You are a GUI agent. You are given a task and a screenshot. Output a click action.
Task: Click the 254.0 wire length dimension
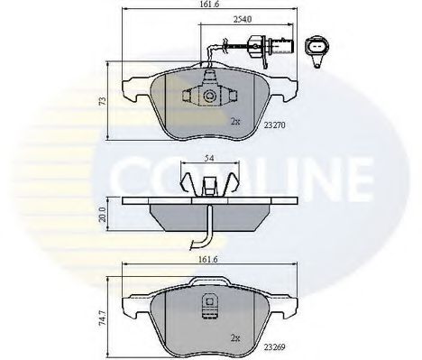click(243, 19)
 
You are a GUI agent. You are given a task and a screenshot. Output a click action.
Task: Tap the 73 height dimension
click(103, 101)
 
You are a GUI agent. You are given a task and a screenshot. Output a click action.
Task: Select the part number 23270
click(274, 125)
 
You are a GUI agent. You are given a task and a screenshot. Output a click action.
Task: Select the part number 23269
click(274, 347)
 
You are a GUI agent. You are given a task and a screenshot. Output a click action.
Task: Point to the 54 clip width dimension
click(209, 158)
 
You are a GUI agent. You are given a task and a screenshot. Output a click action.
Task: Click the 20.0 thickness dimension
click(103, 215)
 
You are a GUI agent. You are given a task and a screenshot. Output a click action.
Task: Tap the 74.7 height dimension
click(103, 318)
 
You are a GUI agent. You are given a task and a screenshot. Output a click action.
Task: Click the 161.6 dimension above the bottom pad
click(208, 260)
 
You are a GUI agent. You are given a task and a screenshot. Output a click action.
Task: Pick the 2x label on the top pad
click(235, 122)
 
